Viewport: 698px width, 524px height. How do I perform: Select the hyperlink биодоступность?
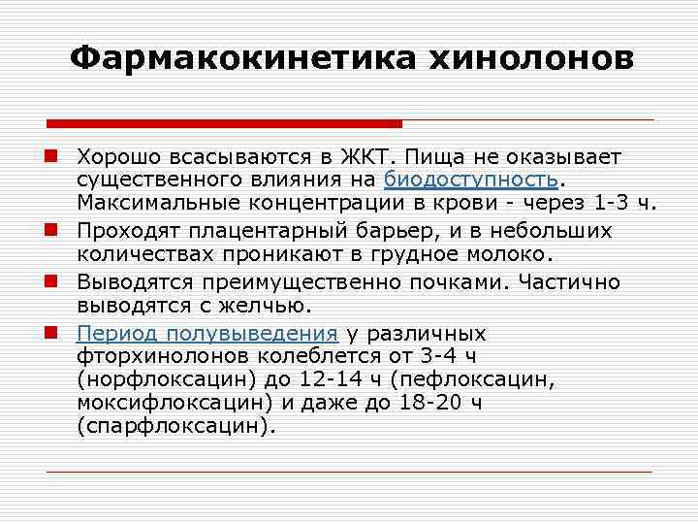[x=470, y=180]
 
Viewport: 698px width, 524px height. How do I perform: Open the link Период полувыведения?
[x=207, y=333]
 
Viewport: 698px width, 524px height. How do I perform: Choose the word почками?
[x=460, y=282]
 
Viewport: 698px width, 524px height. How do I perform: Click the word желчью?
[x=268, y=307]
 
